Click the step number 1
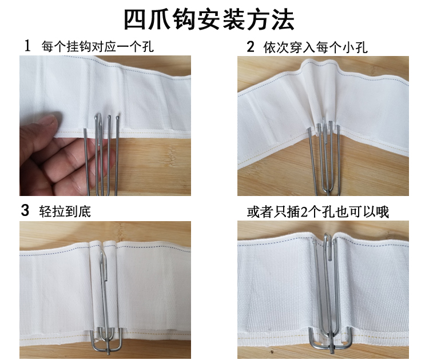pos(27,46)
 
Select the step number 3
pos(25,210)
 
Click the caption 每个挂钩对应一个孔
pos(97,47)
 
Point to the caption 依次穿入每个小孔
pos(315,47)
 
